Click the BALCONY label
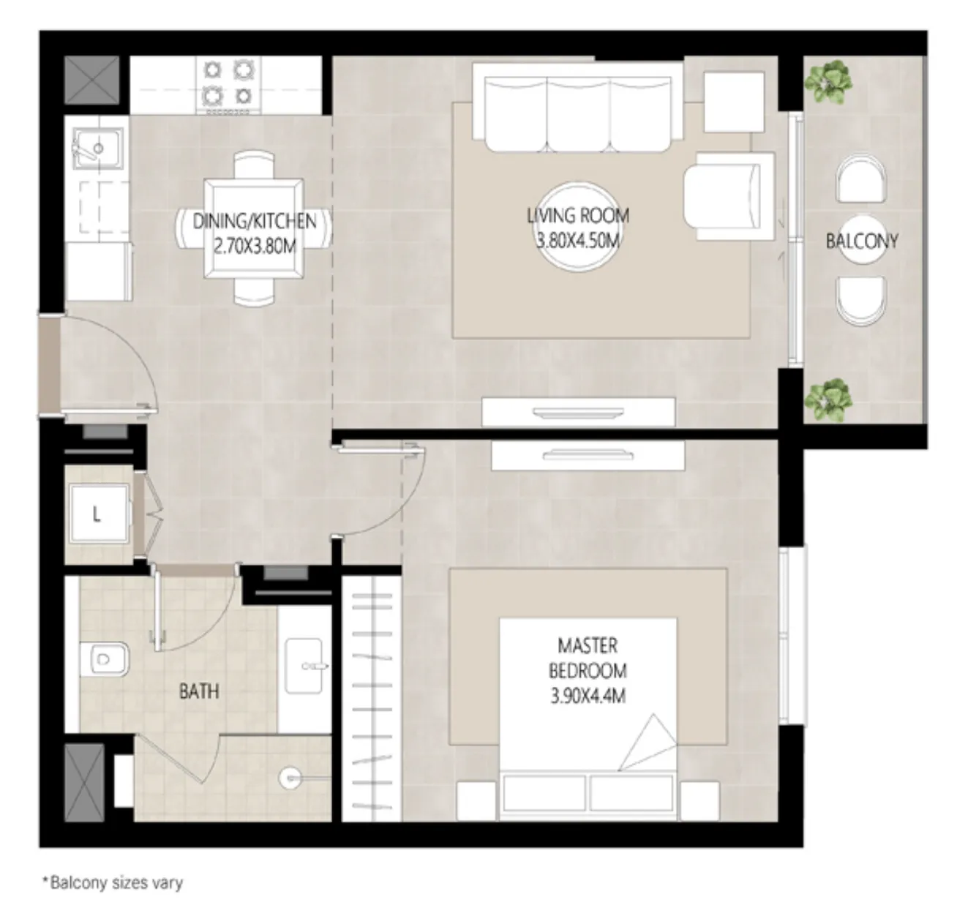point(861,241)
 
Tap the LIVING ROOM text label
point(578,216)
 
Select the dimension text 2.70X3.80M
point(254,245)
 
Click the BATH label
point(198,691)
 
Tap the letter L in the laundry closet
point(97,514)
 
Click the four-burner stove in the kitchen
point(228,83)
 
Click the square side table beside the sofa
point(734,101)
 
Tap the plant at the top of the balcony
point(828,81)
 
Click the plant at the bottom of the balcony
point(827,398)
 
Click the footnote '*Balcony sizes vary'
point(113,883)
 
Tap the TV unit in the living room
point(578,412)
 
